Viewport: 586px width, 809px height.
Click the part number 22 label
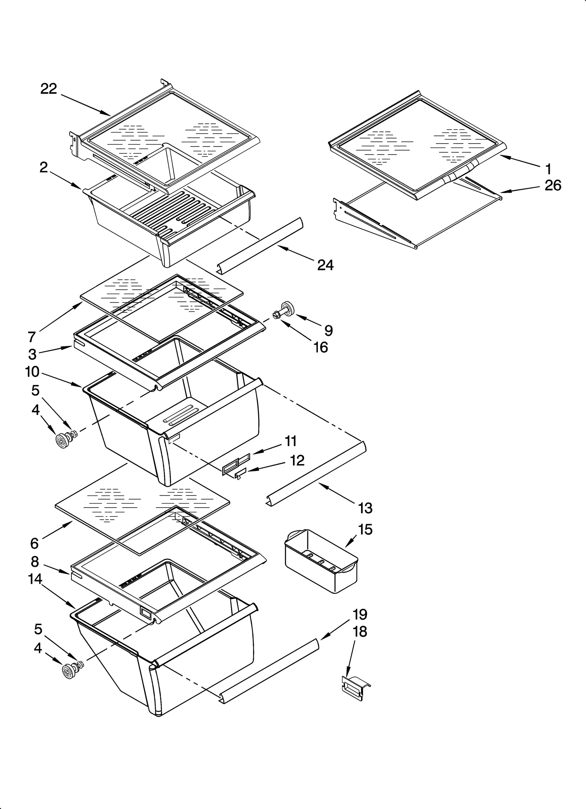pos(49,89)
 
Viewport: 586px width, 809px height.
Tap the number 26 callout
pos(553,185)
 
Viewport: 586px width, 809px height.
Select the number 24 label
pos(325,265)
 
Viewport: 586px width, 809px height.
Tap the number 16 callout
pos(321,347)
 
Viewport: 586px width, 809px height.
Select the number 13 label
pos(365,508)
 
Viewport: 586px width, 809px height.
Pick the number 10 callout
pos(32,372)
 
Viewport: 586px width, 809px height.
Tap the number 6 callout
pos(34,543)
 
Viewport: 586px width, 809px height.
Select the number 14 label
pos(35,579)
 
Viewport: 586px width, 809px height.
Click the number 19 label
pos(360,614)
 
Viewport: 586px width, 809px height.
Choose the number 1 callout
pos(548,169)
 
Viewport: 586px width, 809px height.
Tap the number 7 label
pos(32,336)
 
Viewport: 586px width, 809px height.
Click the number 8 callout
pos(35,561)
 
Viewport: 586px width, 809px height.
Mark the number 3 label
pos(32,354)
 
